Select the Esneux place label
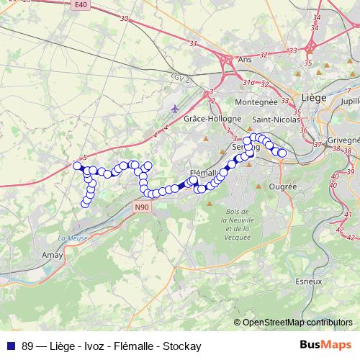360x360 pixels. [x=307, y=282]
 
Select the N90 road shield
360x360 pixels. [x=143, y=207]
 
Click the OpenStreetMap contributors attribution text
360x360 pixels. [x=297, y=323]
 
